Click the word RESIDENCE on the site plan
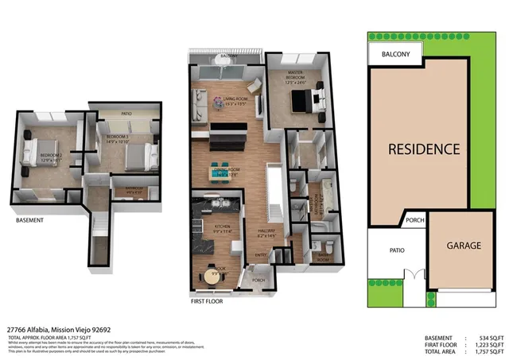[424, 149]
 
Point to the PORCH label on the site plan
[414, 221]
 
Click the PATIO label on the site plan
[397, 250]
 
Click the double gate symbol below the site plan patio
[411, 276]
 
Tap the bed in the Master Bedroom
[305, 101]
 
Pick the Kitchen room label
[223, 227]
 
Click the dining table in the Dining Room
[224, 169]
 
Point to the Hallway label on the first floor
[266, 233]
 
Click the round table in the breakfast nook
[212, 269]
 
